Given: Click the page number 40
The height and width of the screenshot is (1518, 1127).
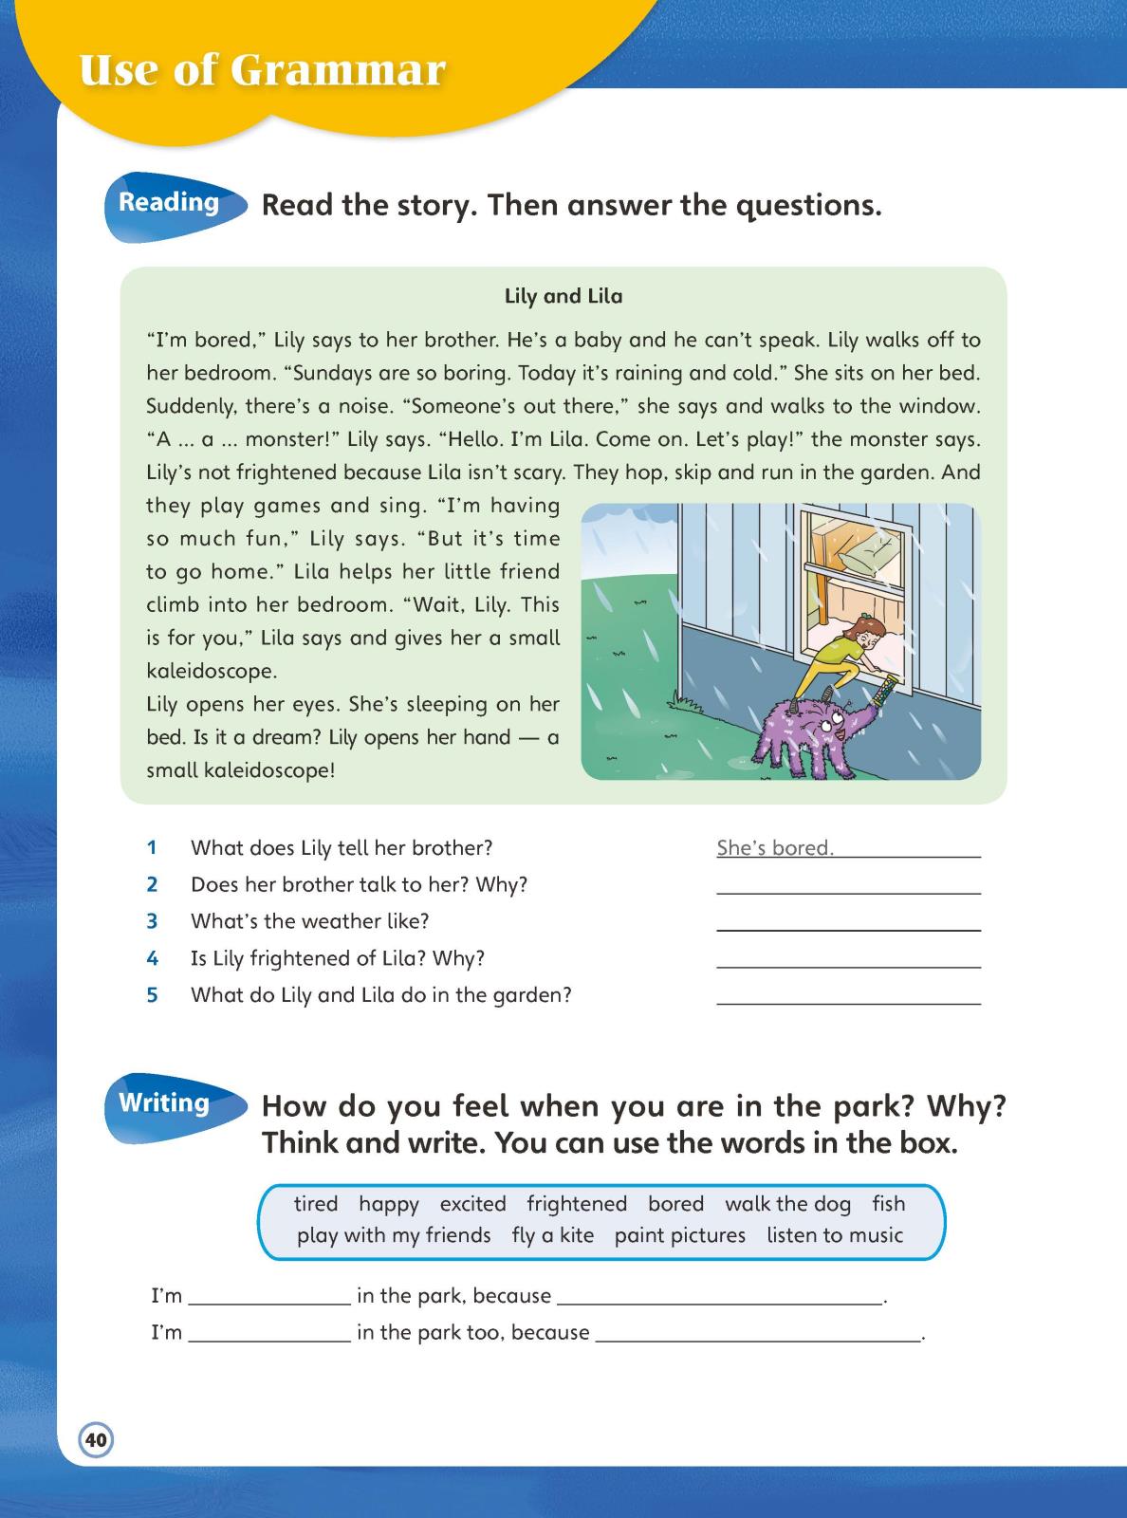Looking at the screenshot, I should click(x=96, y=1439).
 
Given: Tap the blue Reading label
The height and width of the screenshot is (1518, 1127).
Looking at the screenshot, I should click(x=169, y=203).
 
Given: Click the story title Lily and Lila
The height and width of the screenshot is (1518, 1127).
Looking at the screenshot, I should click(x=563, y=296).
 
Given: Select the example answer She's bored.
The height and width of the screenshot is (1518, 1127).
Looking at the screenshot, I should click(x=775, y=848).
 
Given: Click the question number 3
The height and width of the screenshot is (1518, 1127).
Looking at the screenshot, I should click(x=152, y=921).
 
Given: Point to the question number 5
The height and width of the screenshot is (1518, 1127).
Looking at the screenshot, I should click(x=152, y=995).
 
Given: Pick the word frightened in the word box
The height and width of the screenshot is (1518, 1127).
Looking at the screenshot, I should click(x=577, y=1204).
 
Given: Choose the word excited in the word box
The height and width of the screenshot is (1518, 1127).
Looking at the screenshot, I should click(x=472, y=1204).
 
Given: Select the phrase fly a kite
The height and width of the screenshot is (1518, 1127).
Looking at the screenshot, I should click(x=552, y=1235).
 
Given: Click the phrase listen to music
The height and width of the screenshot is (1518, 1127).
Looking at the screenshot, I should click(x=835, y=1235).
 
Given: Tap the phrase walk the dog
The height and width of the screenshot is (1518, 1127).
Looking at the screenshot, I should click(x=787, y=1204).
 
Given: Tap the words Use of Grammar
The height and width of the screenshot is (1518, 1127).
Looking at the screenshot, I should click(x=263, y=70).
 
